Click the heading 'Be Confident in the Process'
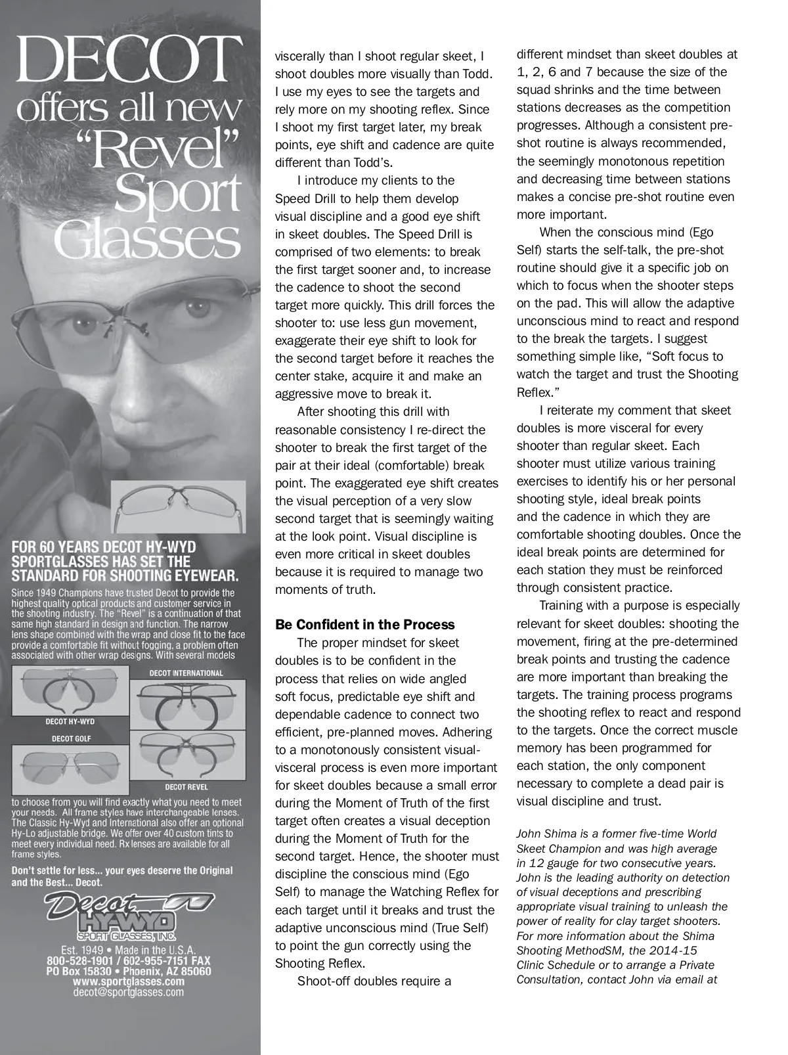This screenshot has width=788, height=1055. [x=364, y=625]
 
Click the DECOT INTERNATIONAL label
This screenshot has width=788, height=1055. [x=186, y=673]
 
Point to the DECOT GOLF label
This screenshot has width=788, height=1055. [x=72, y=738]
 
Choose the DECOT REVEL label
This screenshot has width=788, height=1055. [x=186, y=786]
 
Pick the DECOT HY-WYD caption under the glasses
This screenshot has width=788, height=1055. [x=70, y=721]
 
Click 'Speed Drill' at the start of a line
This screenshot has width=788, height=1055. [x=301, y=198]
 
